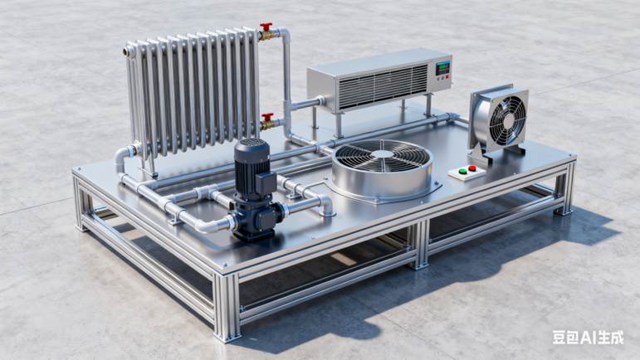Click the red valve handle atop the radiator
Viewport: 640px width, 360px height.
coord(266,27)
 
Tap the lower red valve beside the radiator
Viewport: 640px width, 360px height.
coord(268,117)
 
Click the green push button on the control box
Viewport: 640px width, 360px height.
coord(463,171)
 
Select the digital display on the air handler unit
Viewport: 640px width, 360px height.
coord(443,67)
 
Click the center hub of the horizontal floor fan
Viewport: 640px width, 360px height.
coord(383,153)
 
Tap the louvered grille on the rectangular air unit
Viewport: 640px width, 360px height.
coord(383,85)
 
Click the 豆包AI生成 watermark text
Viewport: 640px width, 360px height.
coord(589,338)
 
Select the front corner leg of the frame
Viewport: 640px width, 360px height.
coord(227,307)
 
